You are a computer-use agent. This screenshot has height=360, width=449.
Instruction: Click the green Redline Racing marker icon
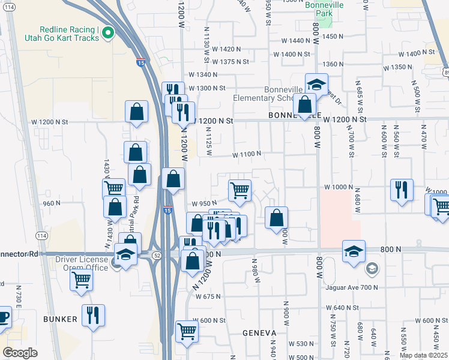[x=108, y=32]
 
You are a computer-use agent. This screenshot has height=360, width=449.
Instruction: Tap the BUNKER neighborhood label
[x=60, y=319]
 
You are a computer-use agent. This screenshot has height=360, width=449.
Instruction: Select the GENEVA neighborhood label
[x=259, y=332]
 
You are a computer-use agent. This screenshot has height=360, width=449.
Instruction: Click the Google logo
[x=20, y=352]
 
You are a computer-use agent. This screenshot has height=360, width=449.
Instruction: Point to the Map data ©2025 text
[x=423, y=355]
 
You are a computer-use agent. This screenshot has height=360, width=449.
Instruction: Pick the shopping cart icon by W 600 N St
[x=187, y=331]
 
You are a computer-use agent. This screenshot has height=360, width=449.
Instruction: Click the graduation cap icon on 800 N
[x=354, y=250]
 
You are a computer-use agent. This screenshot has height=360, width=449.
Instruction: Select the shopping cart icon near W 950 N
[x=240, y=190]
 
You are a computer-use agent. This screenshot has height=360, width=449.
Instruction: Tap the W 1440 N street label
[x=298, y=41]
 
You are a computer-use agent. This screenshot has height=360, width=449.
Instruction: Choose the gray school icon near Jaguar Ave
[x=372, y=268]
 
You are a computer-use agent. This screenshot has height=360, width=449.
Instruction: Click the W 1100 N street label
[x=247, y=154]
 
